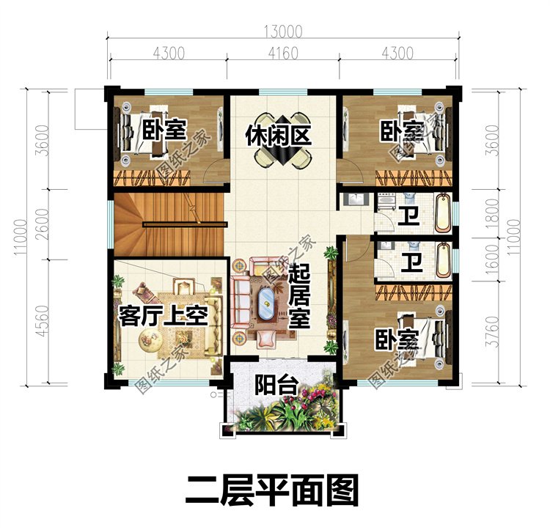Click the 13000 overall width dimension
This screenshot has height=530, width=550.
[283, 32]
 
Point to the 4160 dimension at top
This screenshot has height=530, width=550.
[283, 54]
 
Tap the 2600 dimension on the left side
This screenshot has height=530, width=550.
[42, 225]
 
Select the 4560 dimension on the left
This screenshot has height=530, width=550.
[42, 321]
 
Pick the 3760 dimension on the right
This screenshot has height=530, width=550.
[493, 331]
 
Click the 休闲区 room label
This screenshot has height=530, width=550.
[279, 136]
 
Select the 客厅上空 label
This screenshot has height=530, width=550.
[164, 316]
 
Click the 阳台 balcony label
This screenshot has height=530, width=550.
[276, 385]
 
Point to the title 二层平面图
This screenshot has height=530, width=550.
[272, 490]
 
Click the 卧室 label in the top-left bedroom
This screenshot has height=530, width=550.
[164, 130]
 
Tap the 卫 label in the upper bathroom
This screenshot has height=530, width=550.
[408, 216]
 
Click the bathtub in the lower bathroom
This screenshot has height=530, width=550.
[443, 260]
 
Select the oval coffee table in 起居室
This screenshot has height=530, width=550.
[266, 303]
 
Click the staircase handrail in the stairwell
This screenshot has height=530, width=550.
[185, 224]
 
